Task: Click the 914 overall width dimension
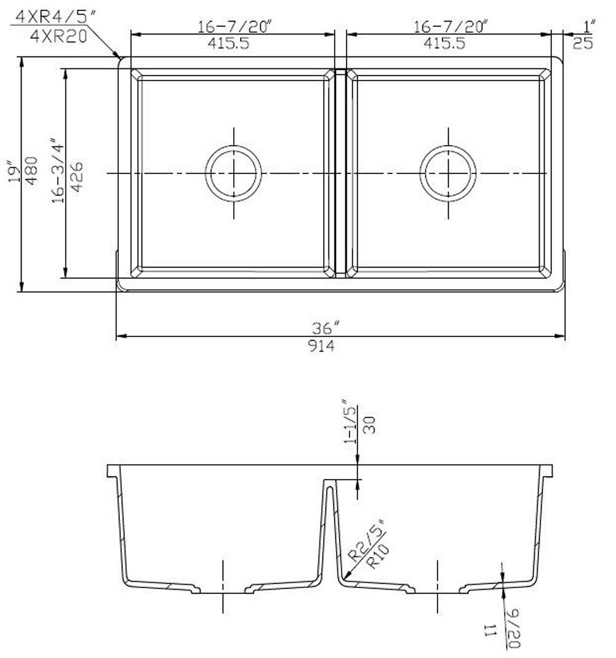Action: [x=321, y=346]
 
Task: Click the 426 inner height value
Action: [x=78, y=176]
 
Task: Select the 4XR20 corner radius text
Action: [x=58, y=35]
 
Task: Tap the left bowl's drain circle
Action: [x=233, y=173]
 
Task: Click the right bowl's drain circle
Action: [x=448, y=173]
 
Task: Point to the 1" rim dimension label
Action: [x=590, y=26]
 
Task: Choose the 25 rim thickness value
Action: [x=583, y=43]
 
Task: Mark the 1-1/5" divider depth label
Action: [x=351, y=421]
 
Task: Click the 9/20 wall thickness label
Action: [x=513, y=627]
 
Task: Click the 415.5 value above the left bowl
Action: [x=233, y=44]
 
